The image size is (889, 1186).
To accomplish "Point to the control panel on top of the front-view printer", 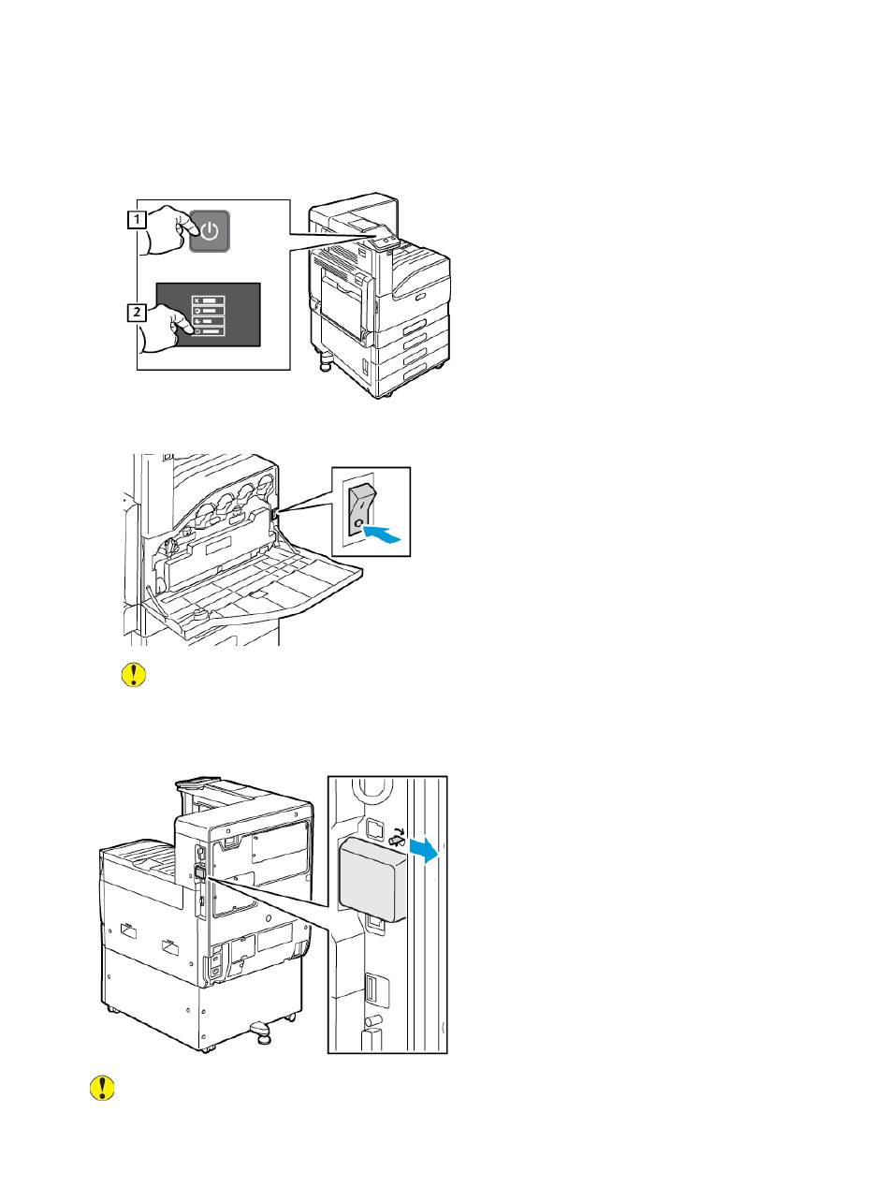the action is pyautogui.click(x=385, y=241).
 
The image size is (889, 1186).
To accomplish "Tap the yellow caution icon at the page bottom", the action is pyautogui.click(x=100, y=1087).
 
